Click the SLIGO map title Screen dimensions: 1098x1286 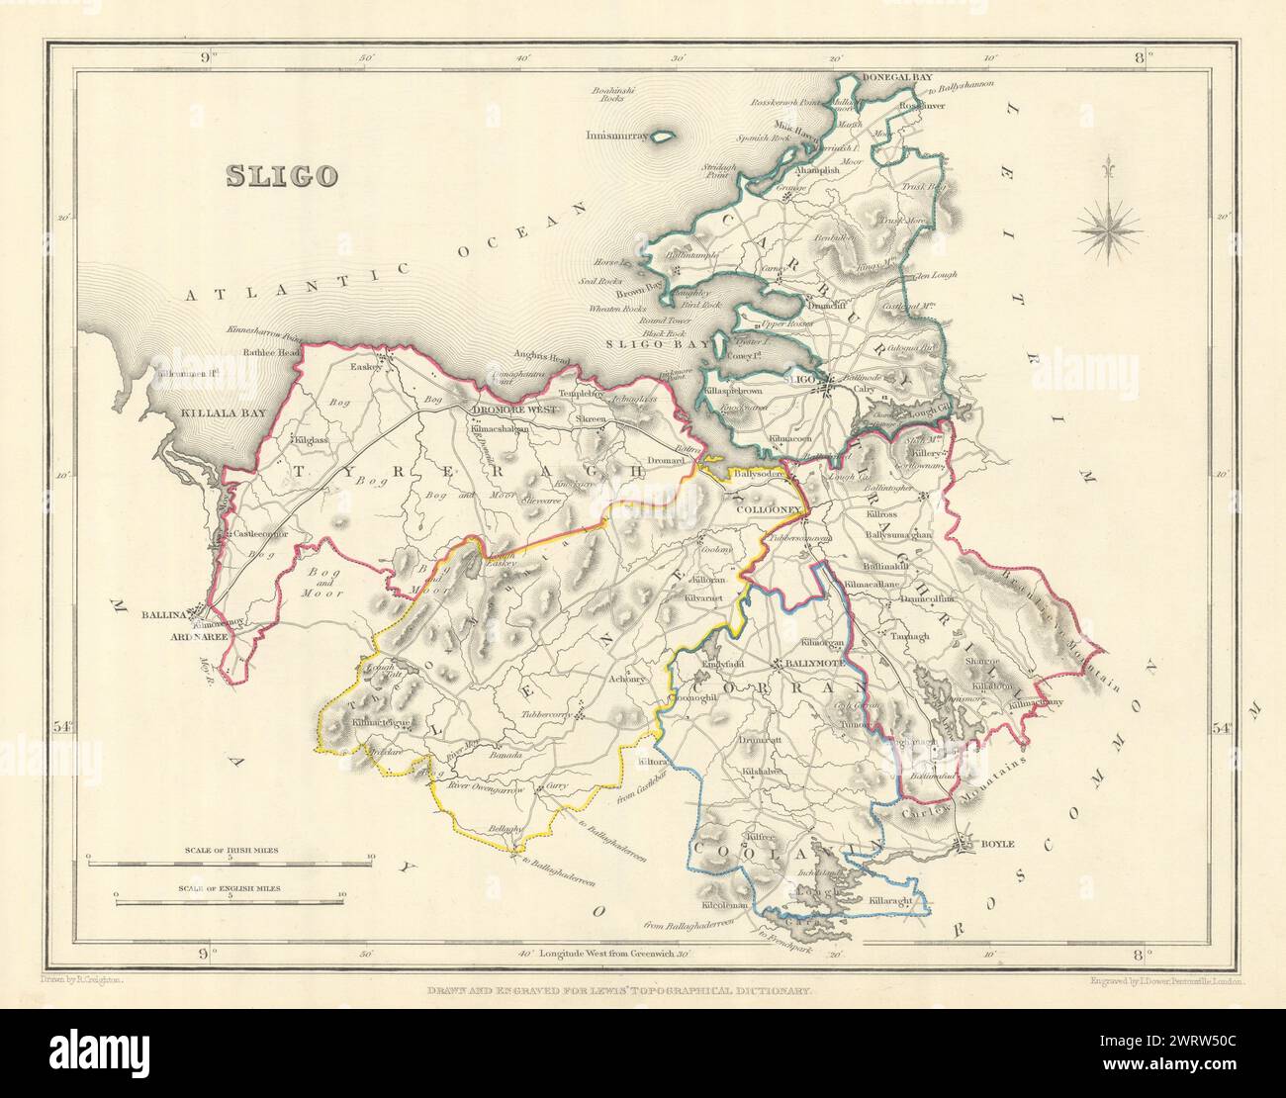pyautogui.click(x=282, y=176)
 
